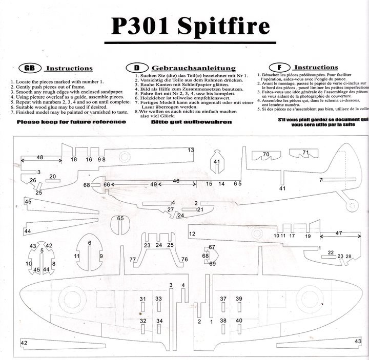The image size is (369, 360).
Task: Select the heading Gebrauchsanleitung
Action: (x=193, y=68)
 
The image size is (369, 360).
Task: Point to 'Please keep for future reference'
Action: (x=71, y=122)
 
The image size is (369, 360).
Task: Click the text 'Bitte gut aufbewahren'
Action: (x=191, y=122)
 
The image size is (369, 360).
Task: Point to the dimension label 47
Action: (x=339, y=233)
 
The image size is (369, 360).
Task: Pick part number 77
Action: (x=133, y=260)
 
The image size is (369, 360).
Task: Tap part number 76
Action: (x=184, y=260)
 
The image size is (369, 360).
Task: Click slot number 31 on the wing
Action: (x=142, y=299)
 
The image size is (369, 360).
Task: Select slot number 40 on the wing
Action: (x=239, y=321)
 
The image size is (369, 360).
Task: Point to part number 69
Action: (x=212, y=263)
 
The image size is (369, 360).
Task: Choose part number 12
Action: (x=192, y=234)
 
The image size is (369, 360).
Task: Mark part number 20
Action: (x=52, y=176)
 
